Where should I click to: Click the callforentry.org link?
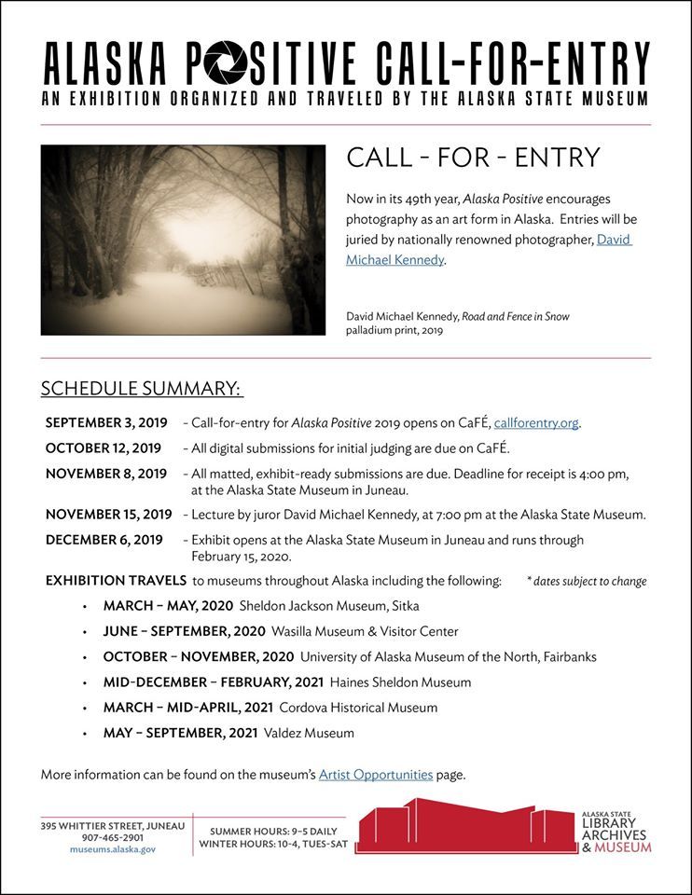coord(536,422)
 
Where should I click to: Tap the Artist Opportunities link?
coord(376,774)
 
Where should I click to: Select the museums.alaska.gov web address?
coord(112,850)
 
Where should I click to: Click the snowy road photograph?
coord(183,240)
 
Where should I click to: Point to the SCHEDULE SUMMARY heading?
coord(141,388)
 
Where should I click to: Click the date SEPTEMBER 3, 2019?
coord(106,422)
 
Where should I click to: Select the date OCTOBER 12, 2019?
coord(103,448)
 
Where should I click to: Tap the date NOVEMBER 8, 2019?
coord(106,474)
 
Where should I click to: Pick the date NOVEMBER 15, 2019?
coord(108,514)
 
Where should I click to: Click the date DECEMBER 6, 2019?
coord(104,540)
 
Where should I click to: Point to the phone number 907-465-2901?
coord(112,837)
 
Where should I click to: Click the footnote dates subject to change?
coord(586,581)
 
